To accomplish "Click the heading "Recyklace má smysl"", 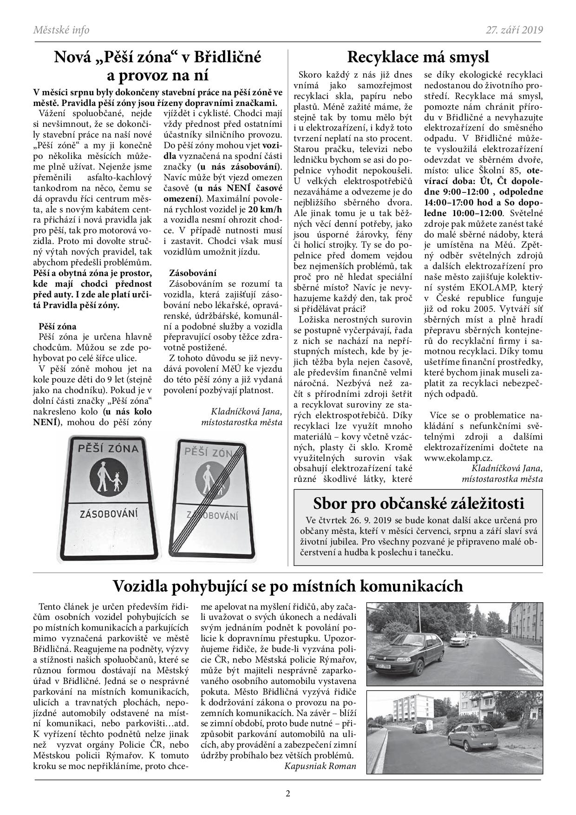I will pos(418,58).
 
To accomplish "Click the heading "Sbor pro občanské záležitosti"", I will pos(419,503).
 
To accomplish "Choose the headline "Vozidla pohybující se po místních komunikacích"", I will pos(288,586).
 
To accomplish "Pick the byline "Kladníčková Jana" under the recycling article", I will pos(507,468).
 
